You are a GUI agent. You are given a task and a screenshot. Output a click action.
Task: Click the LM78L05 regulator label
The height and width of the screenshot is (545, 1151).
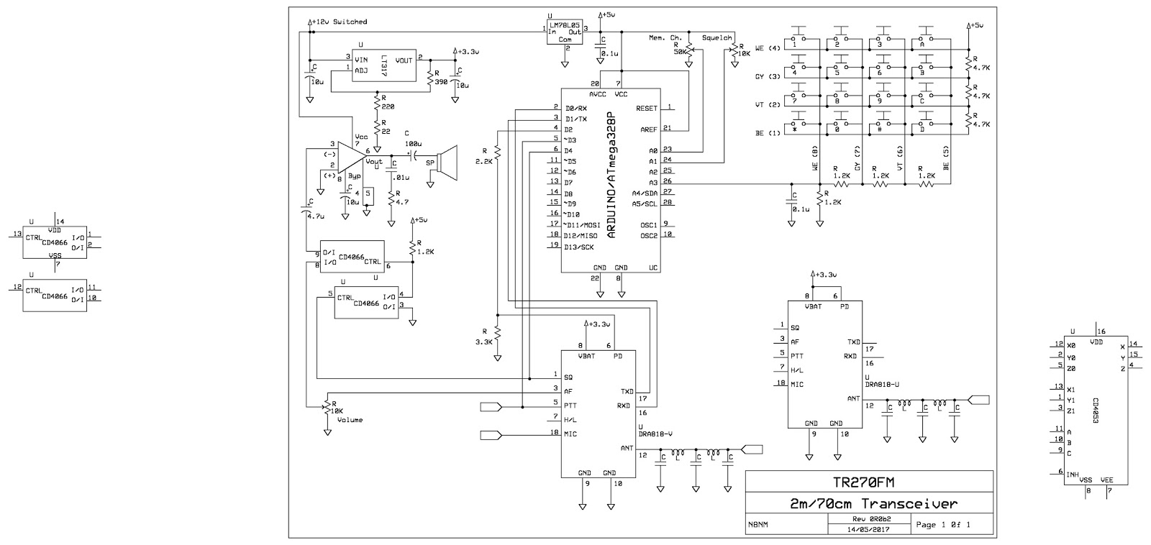[565, 25]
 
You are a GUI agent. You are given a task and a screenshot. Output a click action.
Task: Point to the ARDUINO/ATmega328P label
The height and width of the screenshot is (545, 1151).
[611, 175]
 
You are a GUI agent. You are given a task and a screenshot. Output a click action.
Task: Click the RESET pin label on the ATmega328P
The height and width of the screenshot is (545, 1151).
[647, 108]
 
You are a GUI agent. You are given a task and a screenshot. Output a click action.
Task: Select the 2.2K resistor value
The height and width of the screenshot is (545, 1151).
[484, 162]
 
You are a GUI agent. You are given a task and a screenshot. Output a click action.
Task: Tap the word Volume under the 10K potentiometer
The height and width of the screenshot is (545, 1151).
[350, 419]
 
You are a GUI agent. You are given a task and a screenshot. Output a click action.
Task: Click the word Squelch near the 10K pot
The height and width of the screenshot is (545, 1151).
[716, 37]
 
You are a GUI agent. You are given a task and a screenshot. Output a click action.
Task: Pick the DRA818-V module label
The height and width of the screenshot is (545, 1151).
[655, 433]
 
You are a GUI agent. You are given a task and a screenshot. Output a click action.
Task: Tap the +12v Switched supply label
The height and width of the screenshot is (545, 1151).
[340, 22]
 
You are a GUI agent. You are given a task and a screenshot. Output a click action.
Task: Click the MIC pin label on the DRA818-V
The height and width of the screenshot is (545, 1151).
[570, 434]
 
